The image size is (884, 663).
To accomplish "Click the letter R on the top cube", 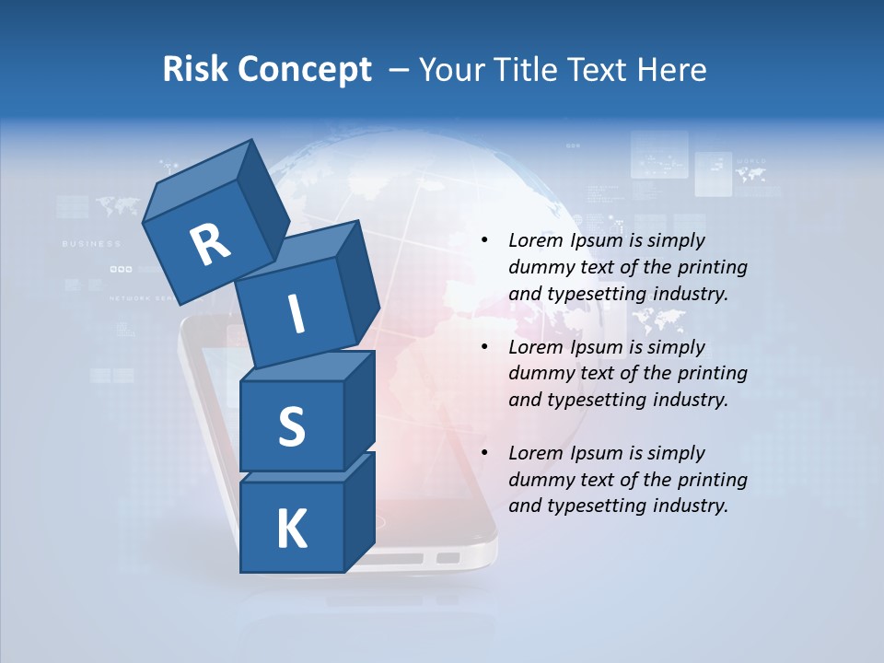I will pos(210,245).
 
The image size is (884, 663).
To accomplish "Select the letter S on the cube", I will pos(291,426).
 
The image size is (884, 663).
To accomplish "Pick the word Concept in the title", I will pos(304,70).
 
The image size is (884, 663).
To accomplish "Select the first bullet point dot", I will pos(484,241).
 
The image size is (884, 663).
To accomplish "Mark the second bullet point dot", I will pos(484,347).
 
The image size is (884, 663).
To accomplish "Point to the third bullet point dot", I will pos(484,453).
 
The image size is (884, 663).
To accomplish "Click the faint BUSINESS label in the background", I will pos(91,244).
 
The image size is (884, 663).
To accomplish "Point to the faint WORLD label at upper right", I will pos(751,161).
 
